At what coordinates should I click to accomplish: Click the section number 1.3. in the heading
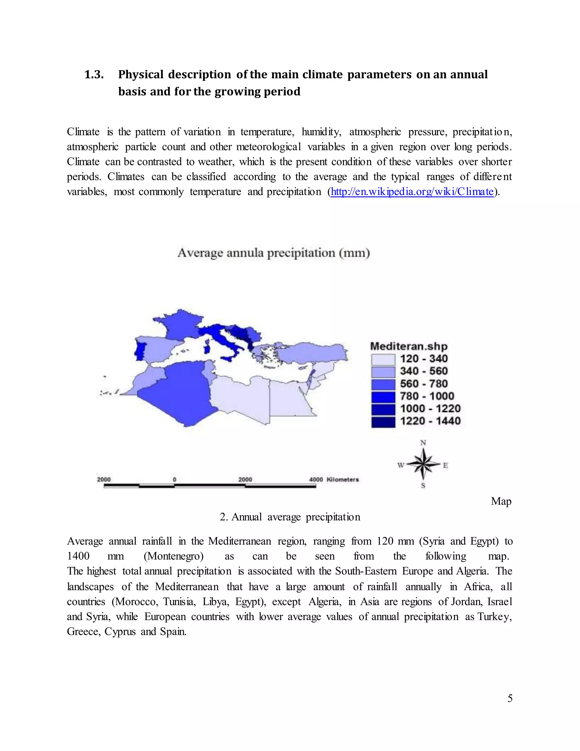click(x=94, y=75)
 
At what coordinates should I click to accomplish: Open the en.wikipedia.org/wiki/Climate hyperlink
click(x=412, y=192)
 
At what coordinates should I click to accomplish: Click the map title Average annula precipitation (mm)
click(x=274, y=253)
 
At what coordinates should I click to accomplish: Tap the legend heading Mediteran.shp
click(x=409, y=346)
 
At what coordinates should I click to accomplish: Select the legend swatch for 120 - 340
click(x=383, y=360)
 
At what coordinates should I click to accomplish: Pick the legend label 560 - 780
click(x=424, y=384)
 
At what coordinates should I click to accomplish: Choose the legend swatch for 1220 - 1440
click(x=383, y=422)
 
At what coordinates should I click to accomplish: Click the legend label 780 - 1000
click(x=427, y=396)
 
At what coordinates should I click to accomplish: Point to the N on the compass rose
click(x=423, y=443)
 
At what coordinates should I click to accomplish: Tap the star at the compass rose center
click(x=423, y=464)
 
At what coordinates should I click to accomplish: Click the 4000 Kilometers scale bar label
click(x=334, y=479)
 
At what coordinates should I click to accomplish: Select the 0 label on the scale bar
click(x=174, y=479)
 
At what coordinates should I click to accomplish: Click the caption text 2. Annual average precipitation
click(x=290, y=517)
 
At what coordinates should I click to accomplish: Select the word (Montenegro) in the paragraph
click(x=174, y=556)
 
